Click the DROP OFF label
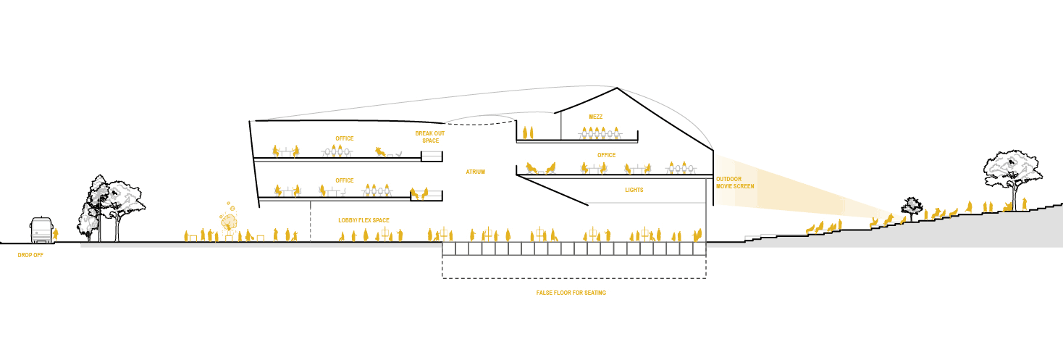(30, 255)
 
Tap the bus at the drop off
(41, 230)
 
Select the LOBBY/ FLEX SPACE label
(364, 220)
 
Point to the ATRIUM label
(475, 172)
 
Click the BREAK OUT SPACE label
(429, 137)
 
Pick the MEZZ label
(595, 117)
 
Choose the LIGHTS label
(634, 190)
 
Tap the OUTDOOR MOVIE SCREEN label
(735, 183)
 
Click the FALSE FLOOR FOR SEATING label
(571, 293)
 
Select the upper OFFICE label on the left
(344, 138)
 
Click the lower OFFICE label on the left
(344, 180)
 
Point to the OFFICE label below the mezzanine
(606, 155)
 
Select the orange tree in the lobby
(229, 219)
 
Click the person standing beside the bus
(56, 234)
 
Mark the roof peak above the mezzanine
(618, 89)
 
